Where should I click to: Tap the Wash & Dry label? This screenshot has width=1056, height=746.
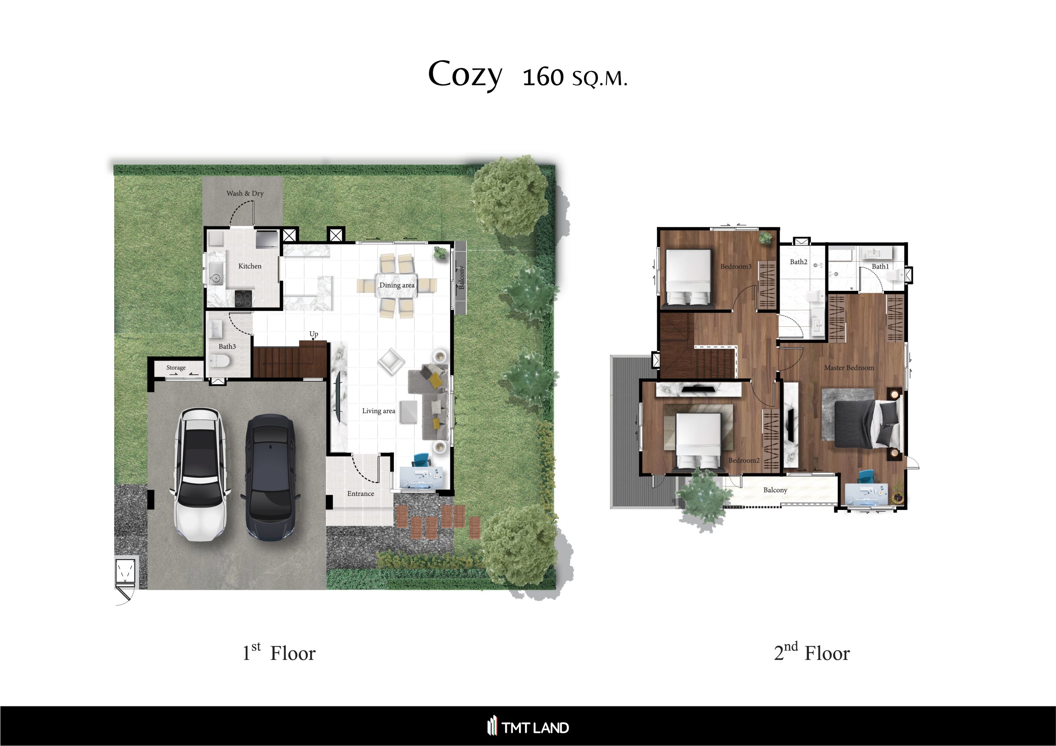[245, 193]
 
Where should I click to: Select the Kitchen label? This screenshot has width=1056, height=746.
[250, 266]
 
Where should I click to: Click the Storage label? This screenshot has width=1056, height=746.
[176, 368]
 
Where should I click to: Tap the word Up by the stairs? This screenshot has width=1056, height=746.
[313, 334]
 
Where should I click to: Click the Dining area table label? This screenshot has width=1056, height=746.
[397, 285]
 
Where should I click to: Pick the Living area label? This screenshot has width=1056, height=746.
[379, 411]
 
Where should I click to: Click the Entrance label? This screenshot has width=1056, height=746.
[361, 493]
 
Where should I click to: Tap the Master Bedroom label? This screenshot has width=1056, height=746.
[849, 368]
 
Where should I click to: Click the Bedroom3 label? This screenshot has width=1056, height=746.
[736, 266]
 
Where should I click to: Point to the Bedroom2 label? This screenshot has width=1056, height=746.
[744, 460]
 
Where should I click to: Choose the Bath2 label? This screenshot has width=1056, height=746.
[799, 262]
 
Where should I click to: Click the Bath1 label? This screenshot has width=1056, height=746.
[880, 266]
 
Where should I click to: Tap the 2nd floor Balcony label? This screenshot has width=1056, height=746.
[775, 490]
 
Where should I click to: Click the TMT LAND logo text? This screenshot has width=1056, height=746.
[535, 727]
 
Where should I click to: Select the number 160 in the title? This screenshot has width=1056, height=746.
[543, 77]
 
